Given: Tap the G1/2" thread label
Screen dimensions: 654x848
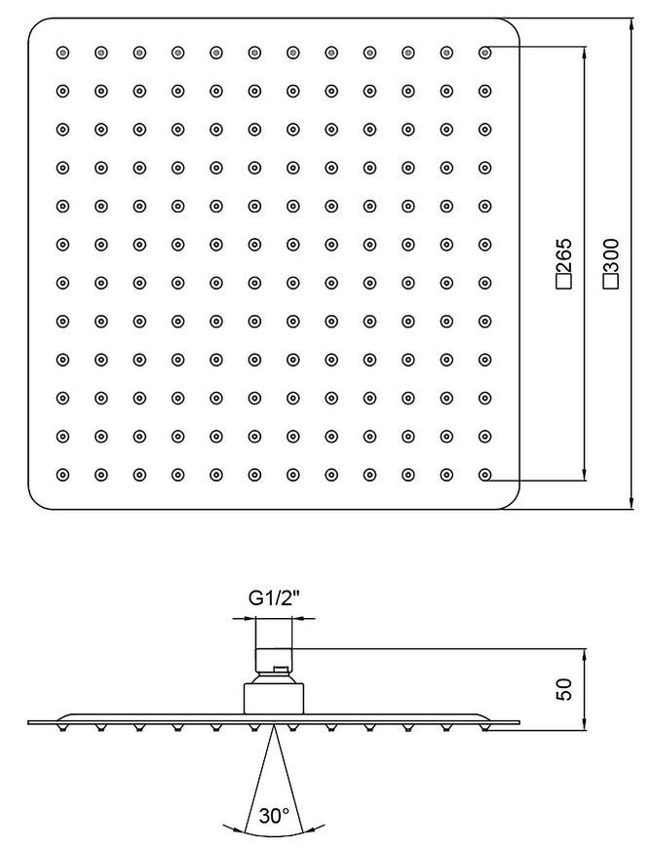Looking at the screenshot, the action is (274, 597).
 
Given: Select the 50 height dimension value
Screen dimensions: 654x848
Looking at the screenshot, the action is (564, 689).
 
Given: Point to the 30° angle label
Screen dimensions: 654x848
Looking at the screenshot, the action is (274, 816).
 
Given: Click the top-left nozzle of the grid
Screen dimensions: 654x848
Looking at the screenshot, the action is (62, 53).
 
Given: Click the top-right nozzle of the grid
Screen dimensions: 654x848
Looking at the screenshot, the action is (485, 53).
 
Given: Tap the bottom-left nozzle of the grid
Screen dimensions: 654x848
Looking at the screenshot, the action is (62, 475).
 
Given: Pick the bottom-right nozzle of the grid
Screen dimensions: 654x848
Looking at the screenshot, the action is (485, 475).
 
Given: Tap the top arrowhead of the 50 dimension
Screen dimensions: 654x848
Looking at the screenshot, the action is (585, 655).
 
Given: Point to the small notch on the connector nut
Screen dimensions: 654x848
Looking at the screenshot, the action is (280, 671).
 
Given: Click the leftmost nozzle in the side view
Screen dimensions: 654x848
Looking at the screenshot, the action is (62, 728).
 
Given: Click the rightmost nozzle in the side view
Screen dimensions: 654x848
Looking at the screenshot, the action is (485, 728).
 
